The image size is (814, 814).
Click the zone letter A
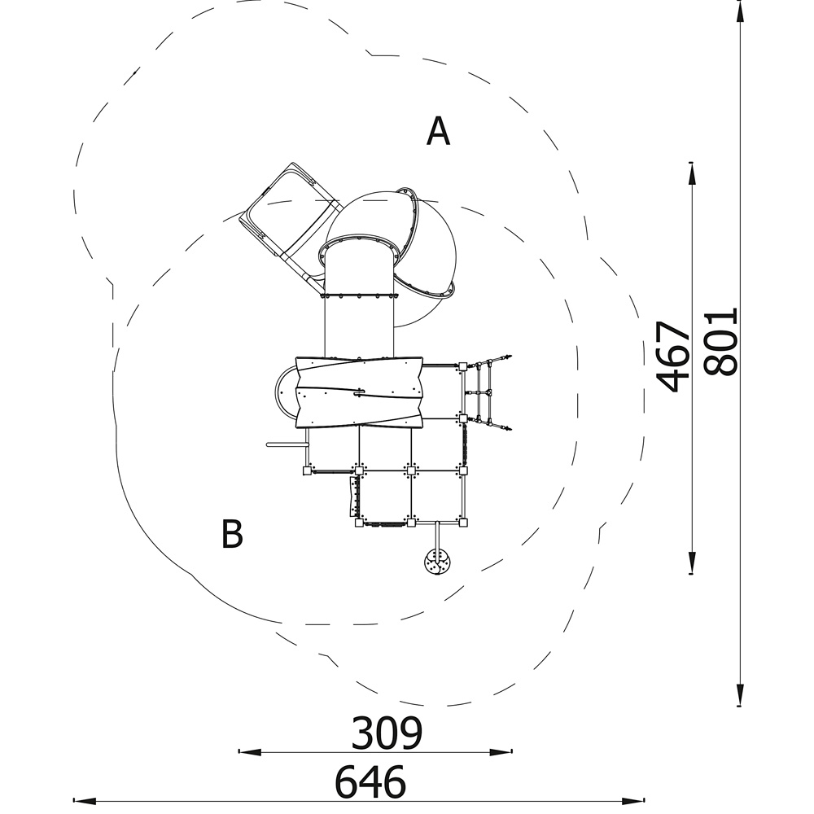point(438,131)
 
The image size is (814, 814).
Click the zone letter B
point(232,533)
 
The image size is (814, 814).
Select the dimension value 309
point(387,733)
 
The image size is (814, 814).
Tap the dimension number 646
point(370,781)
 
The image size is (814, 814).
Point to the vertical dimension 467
point(673,357)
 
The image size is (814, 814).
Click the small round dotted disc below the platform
point(438,562)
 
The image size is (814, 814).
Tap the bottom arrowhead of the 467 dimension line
point(691,562)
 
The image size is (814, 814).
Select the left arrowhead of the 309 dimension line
point(249,751)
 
